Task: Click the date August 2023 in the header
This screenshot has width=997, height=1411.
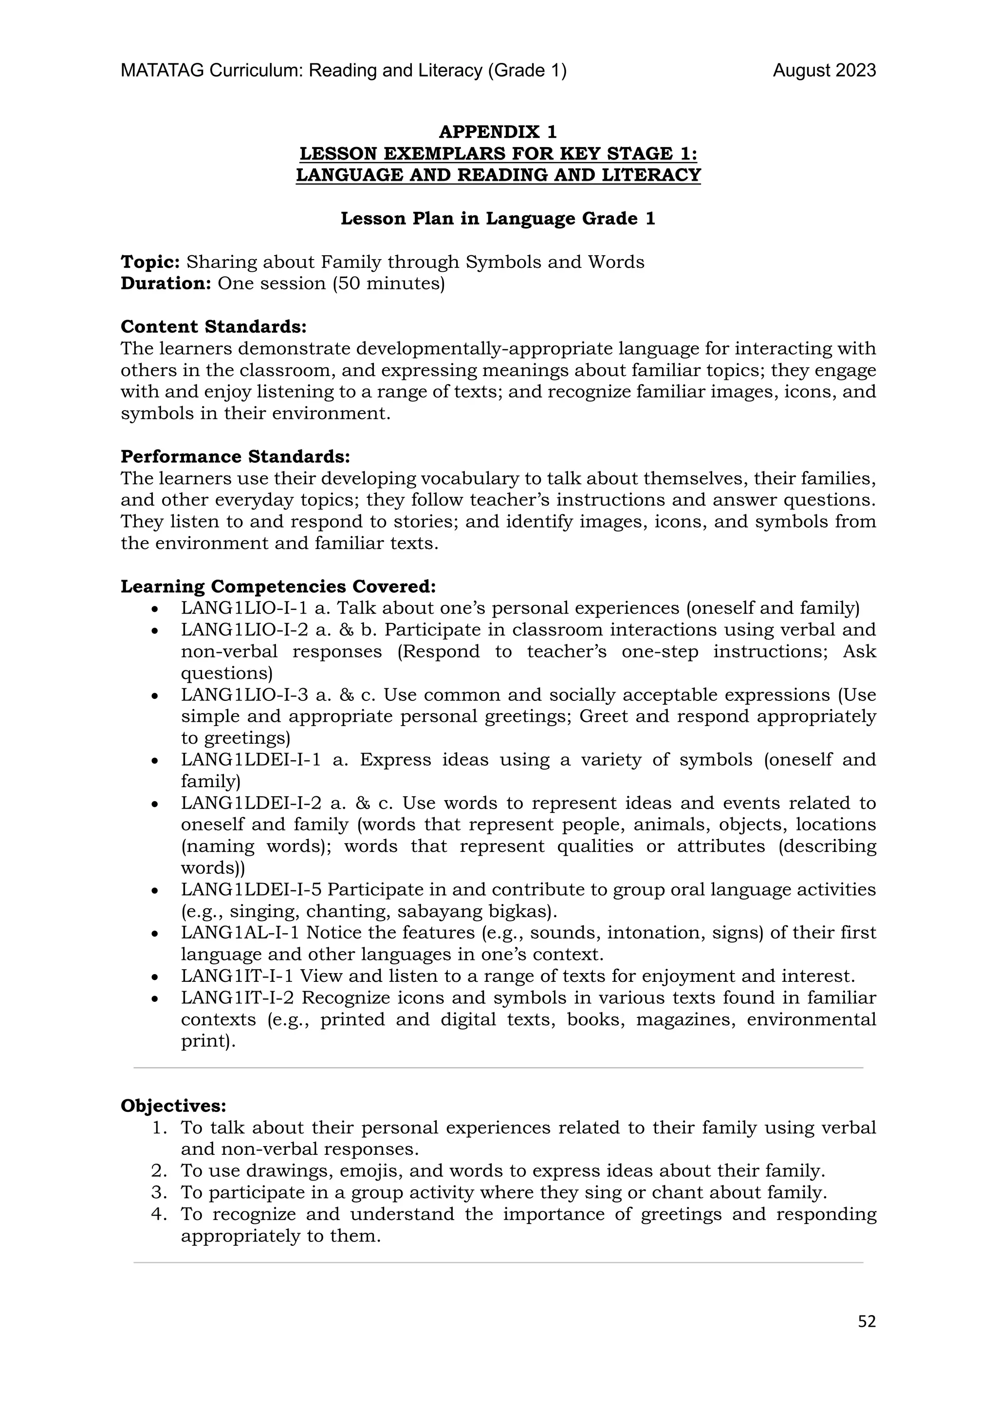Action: (x=824, y=71)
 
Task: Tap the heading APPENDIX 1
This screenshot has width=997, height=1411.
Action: (x=498, y=132)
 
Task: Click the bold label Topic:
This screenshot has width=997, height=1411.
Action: (x=150, y=263)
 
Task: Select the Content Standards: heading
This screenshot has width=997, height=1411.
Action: (x=213, y=326)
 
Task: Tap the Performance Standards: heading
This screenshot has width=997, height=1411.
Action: (x=235, y=456)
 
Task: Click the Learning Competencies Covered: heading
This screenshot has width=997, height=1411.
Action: (x=277, y=587)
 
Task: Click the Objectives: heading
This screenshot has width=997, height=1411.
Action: (x=173, y=1106)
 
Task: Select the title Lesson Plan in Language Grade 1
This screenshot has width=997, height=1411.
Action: (x=498, y=219)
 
